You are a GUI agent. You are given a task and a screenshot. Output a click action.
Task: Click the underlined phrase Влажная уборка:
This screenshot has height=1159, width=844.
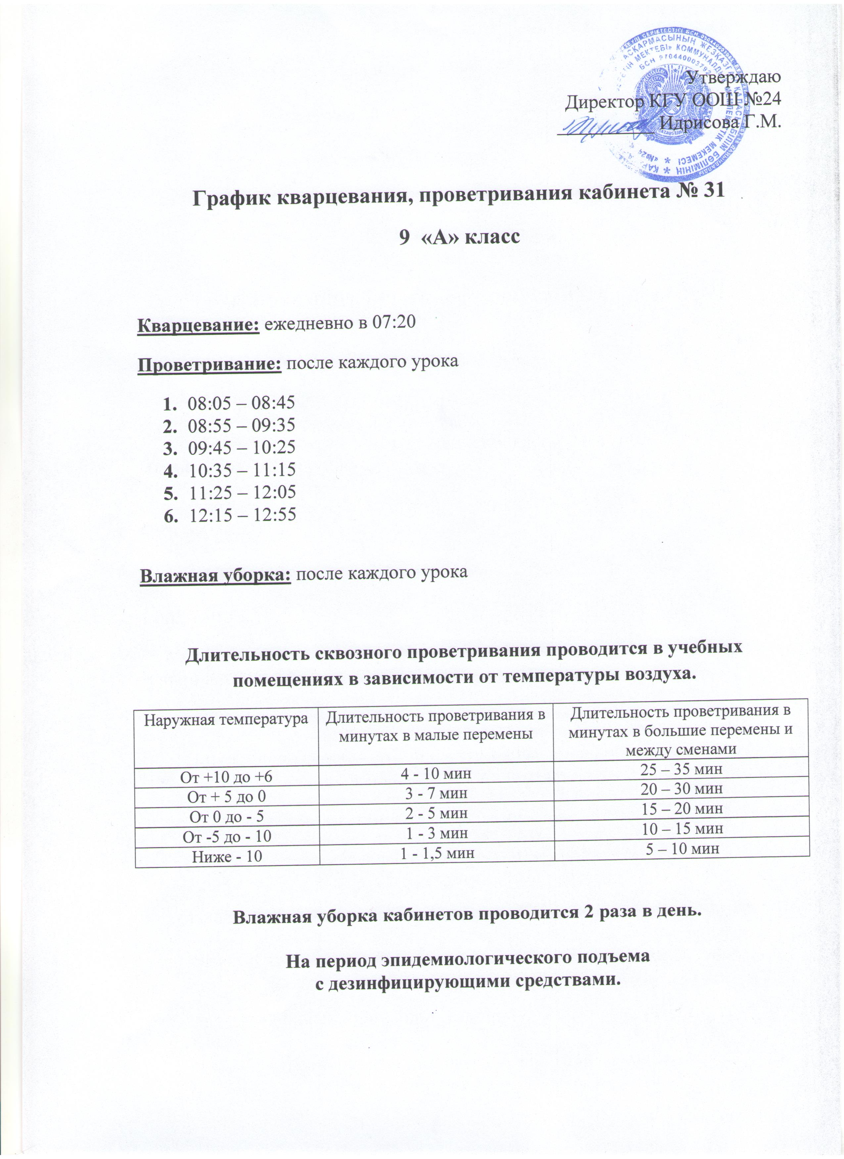215,574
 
